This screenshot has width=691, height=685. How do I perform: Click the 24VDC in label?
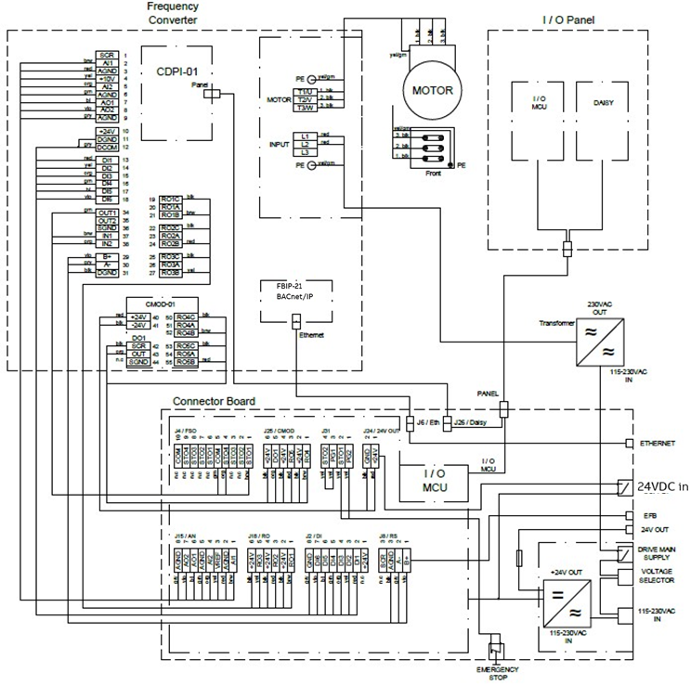coord(663,485)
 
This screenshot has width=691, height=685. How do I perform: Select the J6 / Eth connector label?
coord(429,423)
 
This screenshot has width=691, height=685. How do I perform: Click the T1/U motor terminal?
coord(304,91)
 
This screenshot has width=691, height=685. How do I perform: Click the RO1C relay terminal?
coord(169,199)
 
